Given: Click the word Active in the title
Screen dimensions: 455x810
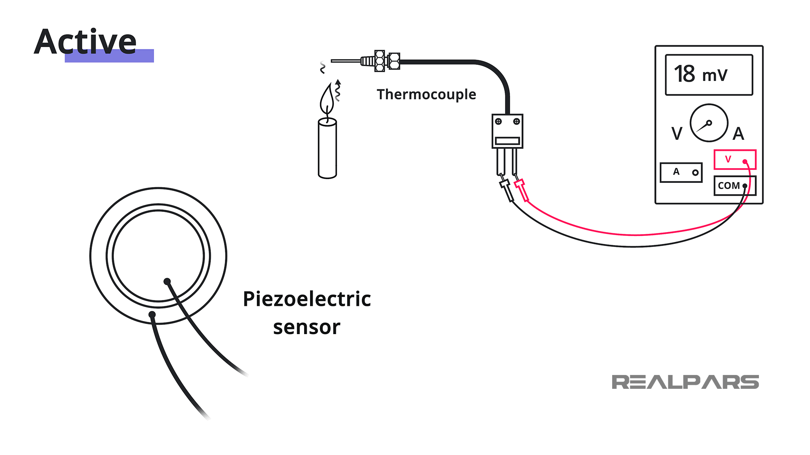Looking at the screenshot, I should [x=85, y=42].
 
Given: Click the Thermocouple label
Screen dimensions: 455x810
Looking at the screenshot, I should [x=426, y=94].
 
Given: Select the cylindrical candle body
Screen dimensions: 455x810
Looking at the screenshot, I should [x=327, y=148].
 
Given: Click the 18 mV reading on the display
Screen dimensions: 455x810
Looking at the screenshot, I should [x=700, y=75].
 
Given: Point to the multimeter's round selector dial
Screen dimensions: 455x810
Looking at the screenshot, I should [x=709, y=123].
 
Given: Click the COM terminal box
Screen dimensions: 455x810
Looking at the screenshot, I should [x=734, y=186].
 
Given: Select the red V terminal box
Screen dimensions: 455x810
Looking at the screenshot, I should [x=734, y=160].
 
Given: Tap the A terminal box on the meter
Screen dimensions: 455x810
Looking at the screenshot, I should [x=681, y=172].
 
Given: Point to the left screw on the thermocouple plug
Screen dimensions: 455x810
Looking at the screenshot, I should [x=498, y=122].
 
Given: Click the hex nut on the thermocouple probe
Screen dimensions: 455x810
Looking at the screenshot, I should [x=380, y=61].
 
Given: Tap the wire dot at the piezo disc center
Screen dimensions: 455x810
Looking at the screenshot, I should [x=167, y=281].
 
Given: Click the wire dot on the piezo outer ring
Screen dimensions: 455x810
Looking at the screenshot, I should [x=152, y=314].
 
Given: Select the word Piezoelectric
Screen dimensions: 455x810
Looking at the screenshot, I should [x=307, y=299].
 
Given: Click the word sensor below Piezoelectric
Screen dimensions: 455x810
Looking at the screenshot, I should [x=307, y=328].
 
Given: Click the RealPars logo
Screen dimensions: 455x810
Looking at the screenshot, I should [x=685, y=382].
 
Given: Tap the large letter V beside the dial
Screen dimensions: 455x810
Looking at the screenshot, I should [x=677, y=134].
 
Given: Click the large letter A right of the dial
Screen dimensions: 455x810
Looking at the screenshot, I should [x=738, y=134].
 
